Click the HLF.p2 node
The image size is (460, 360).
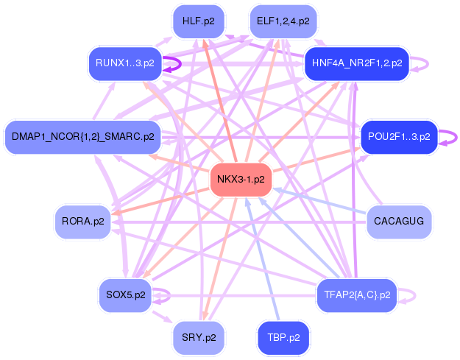tap(199, 21)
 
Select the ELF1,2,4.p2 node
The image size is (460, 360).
tap(283, 21)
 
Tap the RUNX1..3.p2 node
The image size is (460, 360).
tap(125, 63)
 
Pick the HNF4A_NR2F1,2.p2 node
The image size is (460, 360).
tap(357, 63)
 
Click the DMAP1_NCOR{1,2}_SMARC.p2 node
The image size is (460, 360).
tap(82, 137)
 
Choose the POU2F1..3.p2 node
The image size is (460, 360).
tap(399, 137)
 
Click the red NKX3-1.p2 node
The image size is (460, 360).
tap(241, 180)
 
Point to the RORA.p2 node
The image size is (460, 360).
tap(82, 222)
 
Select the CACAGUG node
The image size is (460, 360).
tap(399, 222)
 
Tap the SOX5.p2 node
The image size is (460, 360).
tap(126, 295)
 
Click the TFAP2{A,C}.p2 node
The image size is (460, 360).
tap(357, 295)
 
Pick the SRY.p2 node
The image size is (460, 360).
tap(199, 338)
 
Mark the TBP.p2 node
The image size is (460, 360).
tap(283, 338)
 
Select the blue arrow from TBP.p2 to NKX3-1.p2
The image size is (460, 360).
tap(263, 259)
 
